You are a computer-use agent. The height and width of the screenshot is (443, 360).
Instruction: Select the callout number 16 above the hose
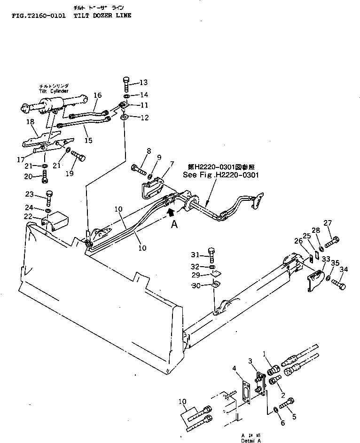pyautogui.click(x=97, y=95)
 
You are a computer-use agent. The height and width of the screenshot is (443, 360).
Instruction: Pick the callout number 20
pyautogui.click(x=29, y=176)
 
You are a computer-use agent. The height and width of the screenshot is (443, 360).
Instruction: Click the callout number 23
pyautogui.click(x=29, y=194)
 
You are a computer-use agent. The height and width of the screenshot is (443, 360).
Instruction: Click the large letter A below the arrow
pyautogui.click(x=174, y=225)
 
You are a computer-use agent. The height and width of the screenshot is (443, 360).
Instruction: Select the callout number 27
pyautogui.click(x=328, y=223)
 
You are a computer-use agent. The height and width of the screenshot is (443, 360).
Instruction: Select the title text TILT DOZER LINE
pyautogui.click(x=103, y=16)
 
